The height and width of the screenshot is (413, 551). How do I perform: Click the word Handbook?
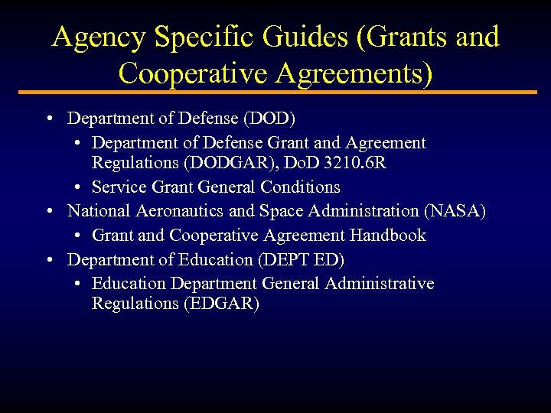[388, 235]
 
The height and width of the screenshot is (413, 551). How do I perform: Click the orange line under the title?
[275, 93]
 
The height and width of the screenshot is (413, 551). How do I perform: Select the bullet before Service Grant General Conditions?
[80, 187]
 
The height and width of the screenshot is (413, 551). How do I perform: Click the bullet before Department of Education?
[48, 260]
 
